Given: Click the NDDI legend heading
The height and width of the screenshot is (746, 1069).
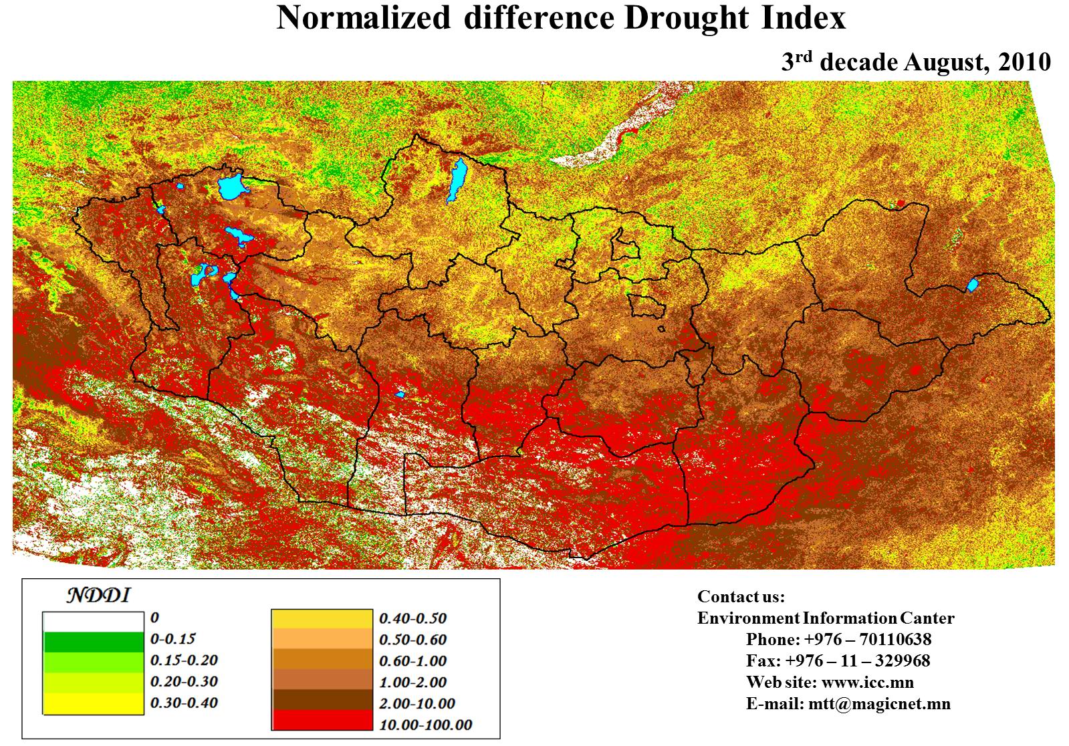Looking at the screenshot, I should tap(97, 595).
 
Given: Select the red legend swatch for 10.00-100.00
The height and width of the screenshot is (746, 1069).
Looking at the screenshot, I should tap(322, 720).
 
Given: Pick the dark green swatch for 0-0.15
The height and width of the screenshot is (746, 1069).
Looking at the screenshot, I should tap(94, 642).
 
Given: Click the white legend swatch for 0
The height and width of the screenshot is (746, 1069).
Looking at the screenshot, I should tap(94, 622).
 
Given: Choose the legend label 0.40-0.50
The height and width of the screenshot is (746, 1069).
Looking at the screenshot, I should tap(412, 618).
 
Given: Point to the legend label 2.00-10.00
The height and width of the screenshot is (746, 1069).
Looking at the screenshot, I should tap(417, 703).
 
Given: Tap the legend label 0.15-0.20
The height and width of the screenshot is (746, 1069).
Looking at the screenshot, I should tap(184, 660).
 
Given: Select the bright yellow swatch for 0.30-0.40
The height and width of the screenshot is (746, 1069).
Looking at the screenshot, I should tap(94, 704).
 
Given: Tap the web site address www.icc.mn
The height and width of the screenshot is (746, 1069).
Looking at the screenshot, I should tap(867, 682).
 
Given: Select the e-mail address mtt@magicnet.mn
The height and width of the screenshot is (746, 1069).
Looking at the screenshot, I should tap(879, 703).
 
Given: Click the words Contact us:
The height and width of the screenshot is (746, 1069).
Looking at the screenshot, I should tap(741, 596).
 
